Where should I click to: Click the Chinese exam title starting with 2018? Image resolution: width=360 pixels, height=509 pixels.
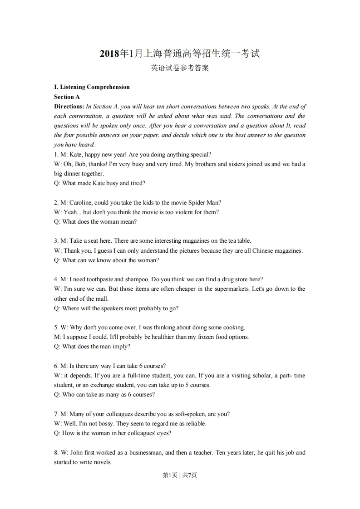180,54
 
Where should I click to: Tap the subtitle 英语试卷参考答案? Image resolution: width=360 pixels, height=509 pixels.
180,69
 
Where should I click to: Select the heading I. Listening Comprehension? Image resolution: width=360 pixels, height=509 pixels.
92,87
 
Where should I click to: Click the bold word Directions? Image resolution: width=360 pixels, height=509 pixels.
69,106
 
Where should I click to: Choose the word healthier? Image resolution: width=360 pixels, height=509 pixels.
151,337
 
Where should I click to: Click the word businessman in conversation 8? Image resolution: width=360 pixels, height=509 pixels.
146,452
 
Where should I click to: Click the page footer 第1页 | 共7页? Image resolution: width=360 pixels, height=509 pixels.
180,475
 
